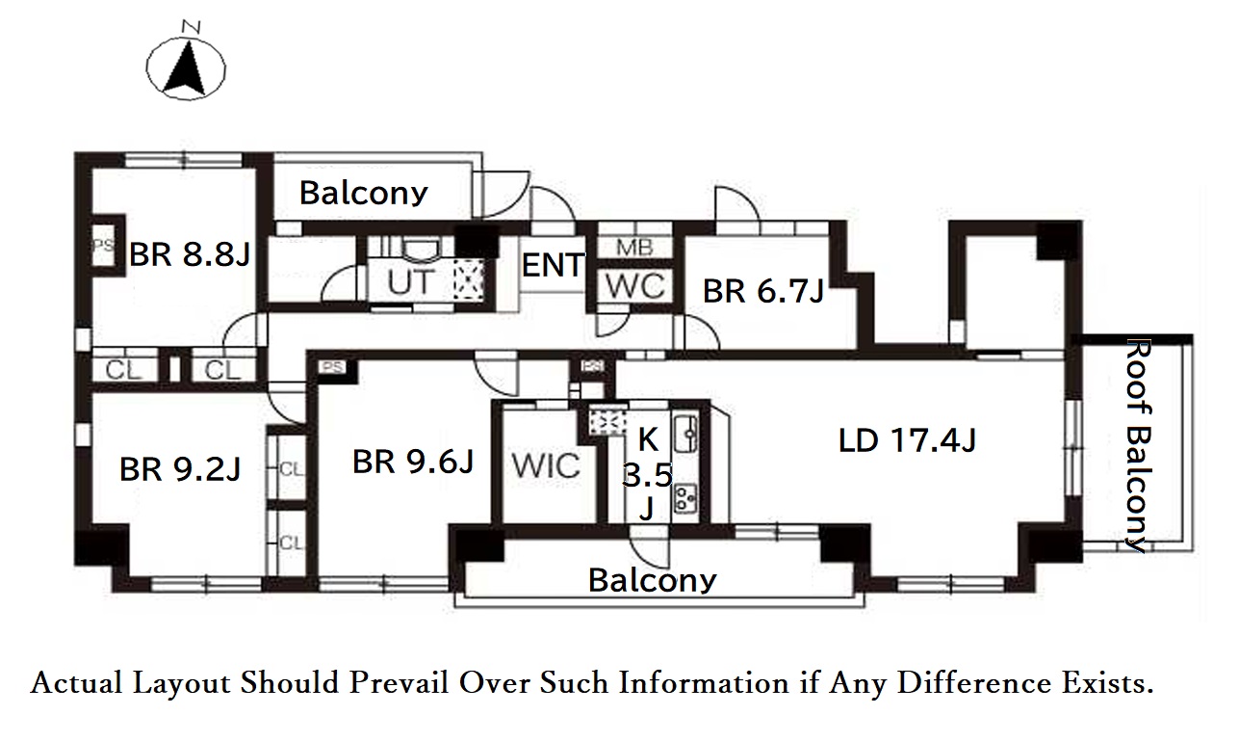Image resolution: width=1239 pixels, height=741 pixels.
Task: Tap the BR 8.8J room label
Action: click(190, 254)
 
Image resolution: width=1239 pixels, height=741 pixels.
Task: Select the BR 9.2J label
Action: click(180, 469)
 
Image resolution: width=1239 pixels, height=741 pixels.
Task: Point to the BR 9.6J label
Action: click(413, 462)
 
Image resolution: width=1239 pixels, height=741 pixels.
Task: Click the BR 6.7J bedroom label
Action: click(763, 291)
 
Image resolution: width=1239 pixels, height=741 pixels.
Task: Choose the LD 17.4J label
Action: click(907, 440)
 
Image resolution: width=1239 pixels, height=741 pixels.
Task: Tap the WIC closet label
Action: click(546, 465)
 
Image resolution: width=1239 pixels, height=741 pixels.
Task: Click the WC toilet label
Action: click(635, 286)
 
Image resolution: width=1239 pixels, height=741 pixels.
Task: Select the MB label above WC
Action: click(635, 247)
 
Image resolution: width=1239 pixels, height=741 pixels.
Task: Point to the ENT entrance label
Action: click(553, 265)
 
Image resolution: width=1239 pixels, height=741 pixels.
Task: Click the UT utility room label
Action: click(411, 282)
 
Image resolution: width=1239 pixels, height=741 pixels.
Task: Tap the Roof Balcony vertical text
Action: click(1139, 446)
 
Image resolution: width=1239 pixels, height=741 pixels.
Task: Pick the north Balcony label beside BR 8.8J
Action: click(363, 194)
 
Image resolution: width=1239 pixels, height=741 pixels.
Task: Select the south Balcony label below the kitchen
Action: click(652, 580)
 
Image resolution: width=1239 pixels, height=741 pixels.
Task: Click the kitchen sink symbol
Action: click(685, 434)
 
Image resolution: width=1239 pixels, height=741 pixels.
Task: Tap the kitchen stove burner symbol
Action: click(685, 498)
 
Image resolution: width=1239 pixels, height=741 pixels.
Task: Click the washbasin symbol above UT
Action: click(421, 251)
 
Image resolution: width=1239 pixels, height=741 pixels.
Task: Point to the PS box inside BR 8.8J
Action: click(103, 245)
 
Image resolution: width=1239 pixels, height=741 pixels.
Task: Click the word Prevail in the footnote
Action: click(399, 683)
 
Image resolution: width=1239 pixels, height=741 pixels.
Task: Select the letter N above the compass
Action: click(192, 27)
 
